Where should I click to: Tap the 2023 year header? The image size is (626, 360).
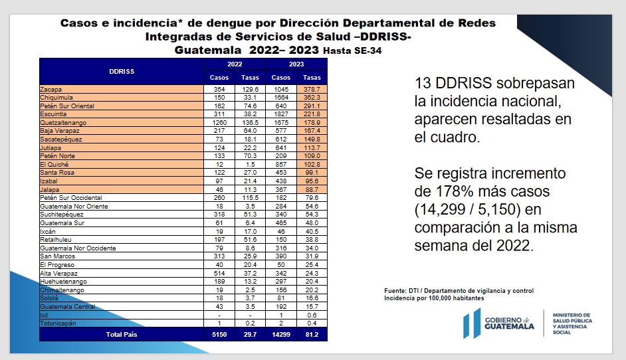click(x=296, y=64)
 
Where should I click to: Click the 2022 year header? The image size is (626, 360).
click(x=234, y=64)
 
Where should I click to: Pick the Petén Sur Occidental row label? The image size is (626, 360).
click(x=71, y=198)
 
